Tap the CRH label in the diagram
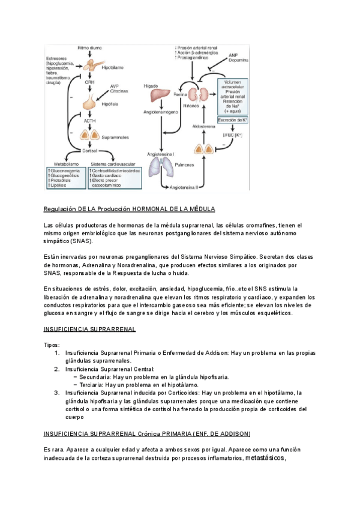[90, 82]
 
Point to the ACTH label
[90, 120]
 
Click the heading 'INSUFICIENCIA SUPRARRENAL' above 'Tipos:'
[90, 330]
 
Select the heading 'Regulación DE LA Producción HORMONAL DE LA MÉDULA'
[130, 209]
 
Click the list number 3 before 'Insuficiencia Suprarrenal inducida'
[57, 393]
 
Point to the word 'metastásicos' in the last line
[266, 459]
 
